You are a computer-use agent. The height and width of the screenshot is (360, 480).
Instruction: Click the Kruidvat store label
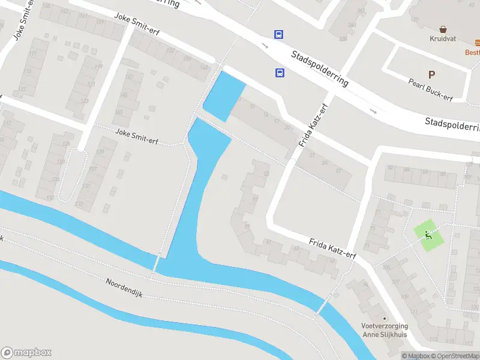point(443,39)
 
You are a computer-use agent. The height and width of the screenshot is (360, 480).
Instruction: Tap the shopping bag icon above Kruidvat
point(443,29)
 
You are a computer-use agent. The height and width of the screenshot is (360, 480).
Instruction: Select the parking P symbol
point(431,74)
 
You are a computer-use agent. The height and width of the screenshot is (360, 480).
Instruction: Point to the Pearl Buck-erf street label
point(430,89)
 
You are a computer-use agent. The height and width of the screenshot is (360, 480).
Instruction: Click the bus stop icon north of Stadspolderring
point(279,34)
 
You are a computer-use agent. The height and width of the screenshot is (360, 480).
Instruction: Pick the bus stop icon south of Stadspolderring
point(280,73)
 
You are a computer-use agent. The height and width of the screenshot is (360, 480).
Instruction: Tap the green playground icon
point(428,234)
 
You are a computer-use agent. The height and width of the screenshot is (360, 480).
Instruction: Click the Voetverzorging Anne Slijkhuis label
point(384,330)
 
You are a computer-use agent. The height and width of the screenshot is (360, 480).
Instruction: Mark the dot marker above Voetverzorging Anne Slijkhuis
point(385,319)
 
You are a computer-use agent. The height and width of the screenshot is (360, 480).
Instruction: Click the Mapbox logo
point(26,353)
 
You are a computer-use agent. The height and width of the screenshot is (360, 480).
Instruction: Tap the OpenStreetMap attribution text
point(457,356)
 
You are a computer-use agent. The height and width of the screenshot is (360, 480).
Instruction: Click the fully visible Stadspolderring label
point(320,69)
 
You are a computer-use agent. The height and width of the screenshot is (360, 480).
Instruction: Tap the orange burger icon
point(477,43)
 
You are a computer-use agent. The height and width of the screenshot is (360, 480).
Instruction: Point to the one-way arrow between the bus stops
point(265,46)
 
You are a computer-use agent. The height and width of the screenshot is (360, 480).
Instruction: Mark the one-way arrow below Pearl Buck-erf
point(373,110)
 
